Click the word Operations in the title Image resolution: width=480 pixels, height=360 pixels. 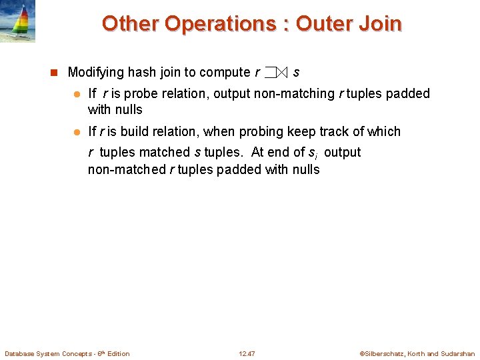pyautogui.click(x=221, y=24)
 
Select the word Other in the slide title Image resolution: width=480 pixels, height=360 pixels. pyautogui.click(x=130, y=24)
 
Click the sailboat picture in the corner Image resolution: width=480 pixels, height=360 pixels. pyautogui.click(x=17, y=21)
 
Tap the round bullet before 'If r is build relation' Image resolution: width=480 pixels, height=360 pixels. pyautogui.click(x=77, y=132)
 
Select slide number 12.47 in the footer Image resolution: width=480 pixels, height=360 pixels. pyautogui.click(x=247, y=353)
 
